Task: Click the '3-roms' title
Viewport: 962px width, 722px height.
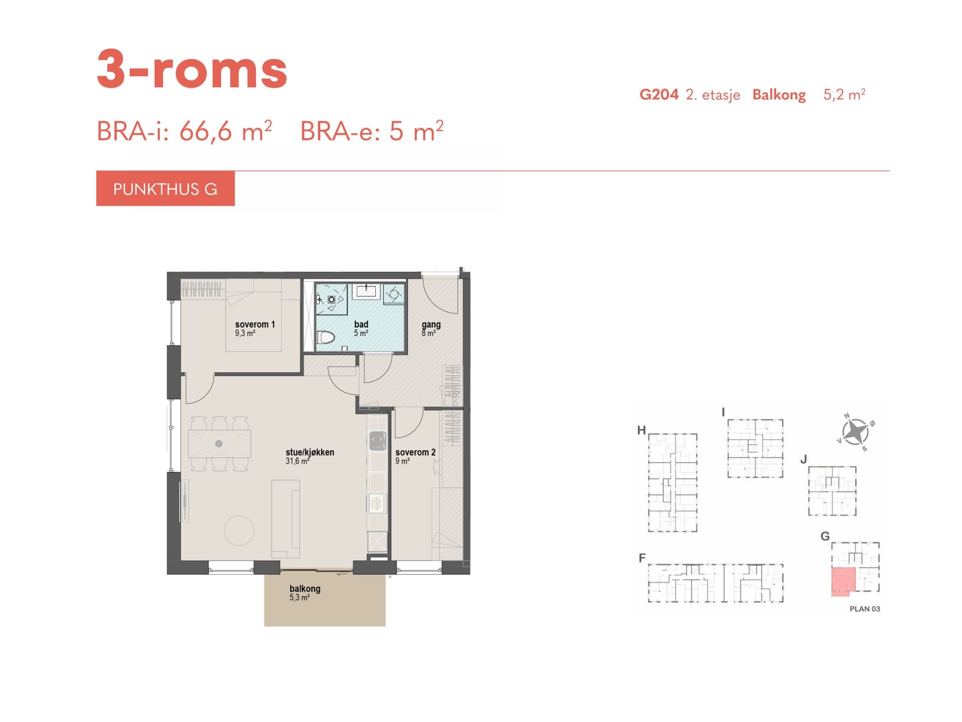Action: [192, 69]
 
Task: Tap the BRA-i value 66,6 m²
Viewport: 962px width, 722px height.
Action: [225, 131]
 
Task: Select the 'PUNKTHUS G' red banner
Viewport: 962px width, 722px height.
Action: [165, 189]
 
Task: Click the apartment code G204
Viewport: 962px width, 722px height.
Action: [659, 94]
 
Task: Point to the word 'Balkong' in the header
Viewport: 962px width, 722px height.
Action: [779, 95]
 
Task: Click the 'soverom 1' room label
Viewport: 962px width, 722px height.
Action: [255, 324]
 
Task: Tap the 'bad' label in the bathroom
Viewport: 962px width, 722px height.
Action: [361, 324]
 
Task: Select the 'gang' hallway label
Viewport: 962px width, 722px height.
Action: [431, 325]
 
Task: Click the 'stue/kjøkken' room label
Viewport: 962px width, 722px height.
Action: [310, 452]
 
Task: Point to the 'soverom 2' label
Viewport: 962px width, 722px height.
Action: [415, 452]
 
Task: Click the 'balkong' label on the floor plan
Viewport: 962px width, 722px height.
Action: [305, 589]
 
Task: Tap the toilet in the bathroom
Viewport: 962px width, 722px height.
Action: [326, 337]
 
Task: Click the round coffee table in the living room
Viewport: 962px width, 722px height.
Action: [239, 530]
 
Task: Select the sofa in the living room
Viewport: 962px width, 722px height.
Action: [286, 519]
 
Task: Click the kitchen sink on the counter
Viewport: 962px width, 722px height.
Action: [378, 442]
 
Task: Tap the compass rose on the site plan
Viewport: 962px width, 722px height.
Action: [855, 431]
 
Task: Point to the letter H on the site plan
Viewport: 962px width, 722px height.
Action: [641, 430]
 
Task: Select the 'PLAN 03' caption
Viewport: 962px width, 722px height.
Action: [865, 609]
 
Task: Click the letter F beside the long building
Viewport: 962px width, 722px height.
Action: [642, 558]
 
